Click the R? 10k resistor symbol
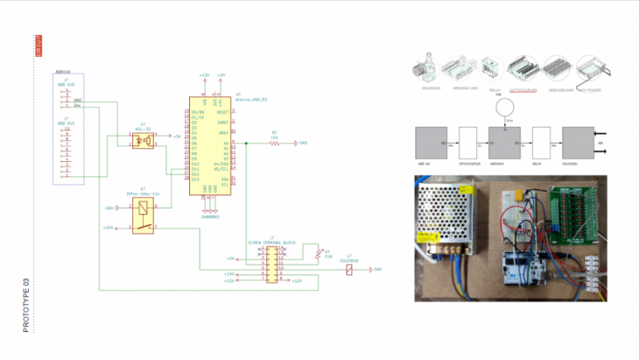click(274, 143)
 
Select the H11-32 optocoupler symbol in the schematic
click(142, 139)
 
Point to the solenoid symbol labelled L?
click(350, 270)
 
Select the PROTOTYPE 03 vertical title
click(26, 305)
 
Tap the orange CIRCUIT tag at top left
click(39, 46)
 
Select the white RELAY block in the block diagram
click(541, 142)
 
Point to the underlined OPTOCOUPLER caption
click(522, 89)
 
